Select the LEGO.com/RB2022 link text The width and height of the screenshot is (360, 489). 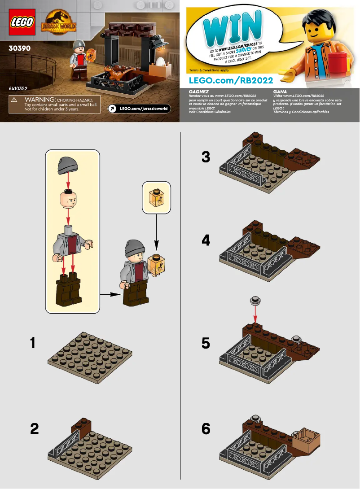click(x=231, y=80)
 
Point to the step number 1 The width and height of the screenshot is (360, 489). click(x=32, y=343)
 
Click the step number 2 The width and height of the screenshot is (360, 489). click(x=34, y=429)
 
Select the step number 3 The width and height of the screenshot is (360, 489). click(x=206, y=157)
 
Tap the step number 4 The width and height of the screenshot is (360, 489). click(x=206, y=240)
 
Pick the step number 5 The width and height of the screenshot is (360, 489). click(x=206, y=343)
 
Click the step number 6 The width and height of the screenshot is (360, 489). click(x=206, y=429)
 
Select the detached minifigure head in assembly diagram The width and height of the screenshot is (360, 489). click(x=68, y=199)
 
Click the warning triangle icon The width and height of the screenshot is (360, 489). click(x=14, y=100)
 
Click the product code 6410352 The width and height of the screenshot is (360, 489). click(x=18, y=89)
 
